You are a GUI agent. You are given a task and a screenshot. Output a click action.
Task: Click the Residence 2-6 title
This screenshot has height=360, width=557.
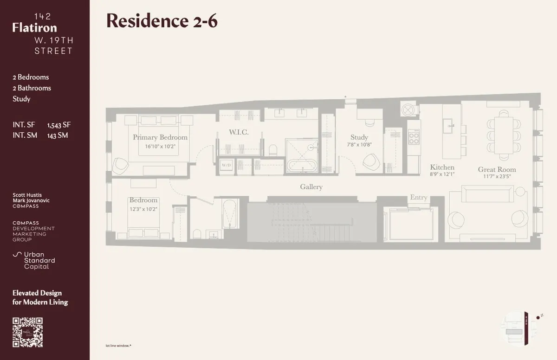[162, 21]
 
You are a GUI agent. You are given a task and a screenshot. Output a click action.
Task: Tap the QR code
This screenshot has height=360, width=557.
[27, 332]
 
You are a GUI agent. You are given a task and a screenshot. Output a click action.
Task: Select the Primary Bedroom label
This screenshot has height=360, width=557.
[160, 137]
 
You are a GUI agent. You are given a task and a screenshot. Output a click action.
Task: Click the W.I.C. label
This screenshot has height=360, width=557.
[239, 132]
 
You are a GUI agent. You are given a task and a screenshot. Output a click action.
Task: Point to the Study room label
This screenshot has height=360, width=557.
[359, 137]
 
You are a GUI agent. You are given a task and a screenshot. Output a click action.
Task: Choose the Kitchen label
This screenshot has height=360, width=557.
[442, 167]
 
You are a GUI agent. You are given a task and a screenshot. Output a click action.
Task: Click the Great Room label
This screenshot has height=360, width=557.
[497, 169]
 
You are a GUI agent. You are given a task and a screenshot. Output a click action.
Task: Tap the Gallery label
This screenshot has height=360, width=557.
[311, 186]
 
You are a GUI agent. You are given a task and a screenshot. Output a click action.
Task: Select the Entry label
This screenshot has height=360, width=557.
[418, 198]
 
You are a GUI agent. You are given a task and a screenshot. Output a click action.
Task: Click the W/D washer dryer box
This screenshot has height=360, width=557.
[227, 166]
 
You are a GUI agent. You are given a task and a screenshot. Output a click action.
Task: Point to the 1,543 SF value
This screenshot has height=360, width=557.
[59, 125]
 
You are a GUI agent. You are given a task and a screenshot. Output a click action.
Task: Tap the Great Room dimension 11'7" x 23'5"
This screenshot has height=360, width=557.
[497, 177]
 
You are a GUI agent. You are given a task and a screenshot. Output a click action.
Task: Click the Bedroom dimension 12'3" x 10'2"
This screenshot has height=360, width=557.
[143, 209]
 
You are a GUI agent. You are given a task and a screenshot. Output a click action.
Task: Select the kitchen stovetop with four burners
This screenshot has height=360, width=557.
[413, 136]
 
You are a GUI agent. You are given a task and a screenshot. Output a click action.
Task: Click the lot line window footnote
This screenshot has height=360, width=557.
[118, 346]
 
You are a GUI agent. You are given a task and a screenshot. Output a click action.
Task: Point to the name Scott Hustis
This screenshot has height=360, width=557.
[27, 195]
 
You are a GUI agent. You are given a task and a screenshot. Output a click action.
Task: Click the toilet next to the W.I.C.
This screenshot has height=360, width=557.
[273, 150]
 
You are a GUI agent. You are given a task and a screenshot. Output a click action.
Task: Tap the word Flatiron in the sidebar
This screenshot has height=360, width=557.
[35, 28]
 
